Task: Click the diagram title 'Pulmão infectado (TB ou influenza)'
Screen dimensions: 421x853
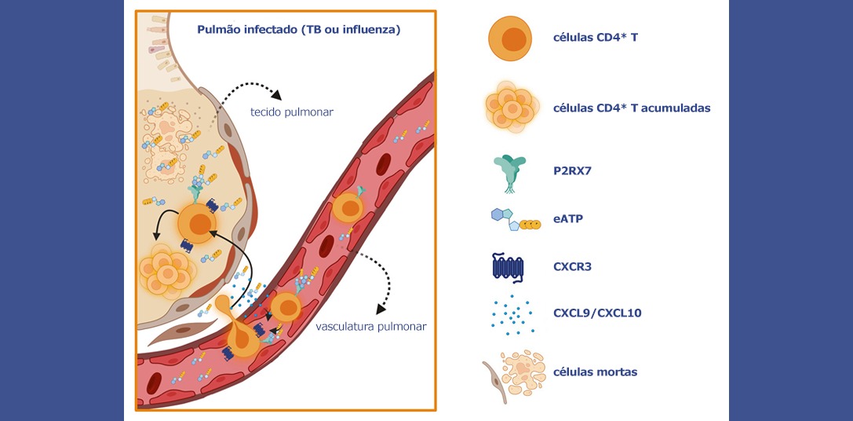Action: coord(298,31)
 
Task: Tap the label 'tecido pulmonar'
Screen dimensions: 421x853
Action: coord(292,112)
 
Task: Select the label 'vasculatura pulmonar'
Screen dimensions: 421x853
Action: coord(370,327)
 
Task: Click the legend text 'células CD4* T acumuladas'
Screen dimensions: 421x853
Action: coord(632,108)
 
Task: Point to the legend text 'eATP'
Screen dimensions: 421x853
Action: coord(568,219)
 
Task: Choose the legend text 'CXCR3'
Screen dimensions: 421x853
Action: coord(572,266)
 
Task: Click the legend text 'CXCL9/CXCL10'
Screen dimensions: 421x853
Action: coord(597,313)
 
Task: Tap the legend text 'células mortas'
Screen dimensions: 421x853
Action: coord(595,372)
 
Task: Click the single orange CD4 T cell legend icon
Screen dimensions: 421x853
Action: coord(514,38)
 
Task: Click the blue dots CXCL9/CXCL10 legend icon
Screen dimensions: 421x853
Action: coord(512,312)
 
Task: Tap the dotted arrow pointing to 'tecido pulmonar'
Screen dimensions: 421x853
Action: coord(250,89)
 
